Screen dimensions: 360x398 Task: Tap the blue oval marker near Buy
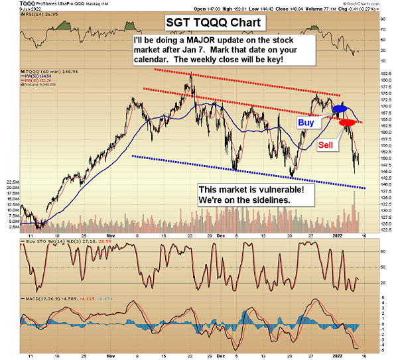pos(340,107)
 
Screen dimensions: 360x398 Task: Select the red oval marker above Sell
pos(347,123)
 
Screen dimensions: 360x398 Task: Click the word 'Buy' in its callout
pos(306,123)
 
